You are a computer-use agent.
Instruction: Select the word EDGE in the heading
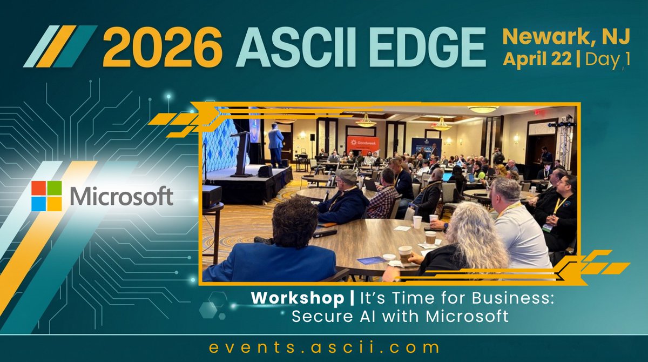[428, 49]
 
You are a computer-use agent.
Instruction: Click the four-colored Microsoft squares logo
[46, 196]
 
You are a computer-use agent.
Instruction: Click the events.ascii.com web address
[324, 346]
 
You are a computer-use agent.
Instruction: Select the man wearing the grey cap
[346, 195]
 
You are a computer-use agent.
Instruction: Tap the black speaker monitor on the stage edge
[265, 171]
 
